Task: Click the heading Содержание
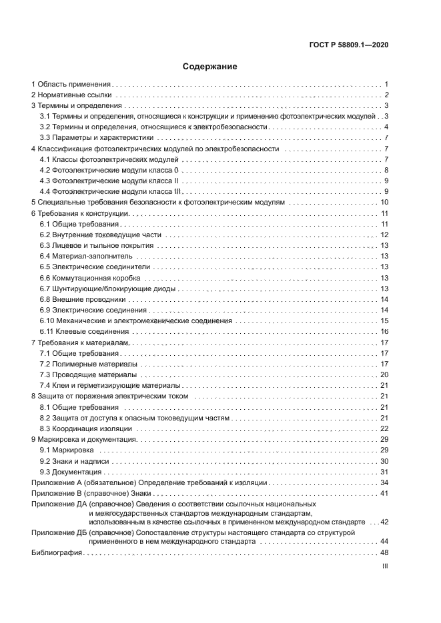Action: point(209,67)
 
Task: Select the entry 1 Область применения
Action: point(71,85)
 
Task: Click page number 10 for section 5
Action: point(384,203)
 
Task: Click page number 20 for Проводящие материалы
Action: point(384,375)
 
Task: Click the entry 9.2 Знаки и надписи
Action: point(74,461)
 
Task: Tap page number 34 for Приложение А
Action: point(384,482)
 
